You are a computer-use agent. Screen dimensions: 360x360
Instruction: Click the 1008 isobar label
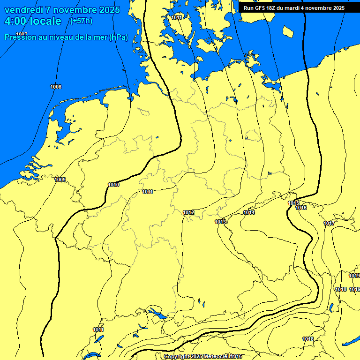(56, 87)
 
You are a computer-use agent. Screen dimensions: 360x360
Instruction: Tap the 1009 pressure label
(60, 180)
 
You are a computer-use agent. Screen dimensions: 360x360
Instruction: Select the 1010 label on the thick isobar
(113, 185)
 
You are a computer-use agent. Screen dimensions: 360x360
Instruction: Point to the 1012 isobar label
(188, 212)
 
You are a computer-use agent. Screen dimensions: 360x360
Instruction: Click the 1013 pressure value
(221, 221)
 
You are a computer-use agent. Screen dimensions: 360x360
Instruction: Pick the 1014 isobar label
(249, 212)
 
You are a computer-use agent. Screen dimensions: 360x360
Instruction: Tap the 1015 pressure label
(293, 203)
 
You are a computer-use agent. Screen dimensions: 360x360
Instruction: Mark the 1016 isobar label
(301, 208)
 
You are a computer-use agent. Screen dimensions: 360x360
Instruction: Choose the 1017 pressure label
(329, 223)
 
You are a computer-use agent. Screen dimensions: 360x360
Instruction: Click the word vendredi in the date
(23, 10)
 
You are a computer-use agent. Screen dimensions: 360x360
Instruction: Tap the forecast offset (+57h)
(81, 21)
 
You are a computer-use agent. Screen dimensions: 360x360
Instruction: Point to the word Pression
(19, 37)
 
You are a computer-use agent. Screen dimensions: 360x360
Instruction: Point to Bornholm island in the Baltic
(288, 31)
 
